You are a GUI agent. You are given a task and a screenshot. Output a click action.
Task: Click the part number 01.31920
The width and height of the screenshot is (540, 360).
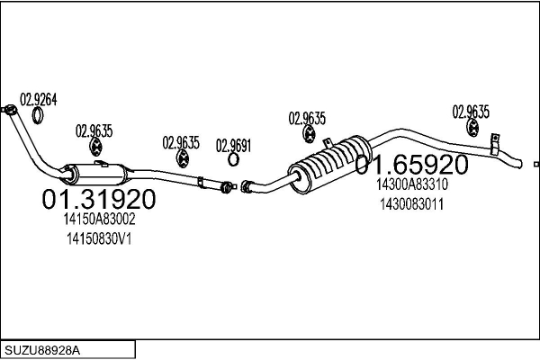pyautogui.click(x=99, y=199)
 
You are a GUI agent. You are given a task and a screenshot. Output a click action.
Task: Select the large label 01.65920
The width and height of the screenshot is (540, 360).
pyautogui.click(x=411, y=165)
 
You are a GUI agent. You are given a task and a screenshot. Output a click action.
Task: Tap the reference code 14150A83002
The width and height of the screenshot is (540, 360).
pyautogui.click(x=99, y=219)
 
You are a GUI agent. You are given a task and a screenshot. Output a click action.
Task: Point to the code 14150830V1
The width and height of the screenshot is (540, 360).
pyautogui.click(x=99, y=238)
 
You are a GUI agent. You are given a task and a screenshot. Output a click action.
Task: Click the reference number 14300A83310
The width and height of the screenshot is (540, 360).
pyautogui.click(x=412, y=184)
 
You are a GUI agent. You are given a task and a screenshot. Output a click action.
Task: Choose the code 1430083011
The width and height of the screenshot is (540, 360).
pyautogui.click(x=412, y=204)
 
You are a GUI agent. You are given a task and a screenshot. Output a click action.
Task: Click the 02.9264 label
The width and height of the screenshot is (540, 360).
pyautogui.click(x=38, y=100)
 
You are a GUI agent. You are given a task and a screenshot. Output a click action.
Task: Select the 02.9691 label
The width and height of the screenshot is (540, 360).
pyautogui.click(x=233, y=146)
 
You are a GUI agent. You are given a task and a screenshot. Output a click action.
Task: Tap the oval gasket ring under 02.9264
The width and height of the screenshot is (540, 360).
pyautogui.click(x=38, y=116)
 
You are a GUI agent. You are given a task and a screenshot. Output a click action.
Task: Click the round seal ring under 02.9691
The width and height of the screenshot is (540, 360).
pyautogui.click(x=233, y=159)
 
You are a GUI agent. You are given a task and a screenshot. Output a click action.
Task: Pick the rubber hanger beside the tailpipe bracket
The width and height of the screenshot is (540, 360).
pyautogui.click(x=472, y=128)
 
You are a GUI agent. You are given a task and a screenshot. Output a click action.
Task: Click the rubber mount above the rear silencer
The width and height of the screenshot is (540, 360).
pyautogui.click(x=309, y=134)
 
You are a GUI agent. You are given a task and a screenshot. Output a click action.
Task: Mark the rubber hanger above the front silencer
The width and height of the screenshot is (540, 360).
pyautogui.click(x=95, y=147)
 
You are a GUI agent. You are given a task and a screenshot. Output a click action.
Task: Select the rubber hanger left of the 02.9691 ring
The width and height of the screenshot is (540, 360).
pyautogui.click(x=182, y=158)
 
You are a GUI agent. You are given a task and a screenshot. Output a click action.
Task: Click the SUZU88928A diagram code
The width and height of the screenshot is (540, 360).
pyautogui.click(x=42, y=350)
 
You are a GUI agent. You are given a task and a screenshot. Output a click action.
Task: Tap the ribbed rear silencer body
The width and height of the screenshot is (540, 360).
pyautogui.click(x=330, y=164)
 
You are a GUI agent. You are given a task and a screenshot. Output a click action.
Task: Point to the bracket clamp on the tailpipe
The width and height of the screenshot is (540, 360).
pyautogui.click(x=494, y=144)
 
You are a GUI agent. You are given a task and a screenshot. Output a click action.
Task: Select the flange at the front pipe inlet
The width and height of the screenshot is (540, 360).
pyautogui.click(x=9, y=110)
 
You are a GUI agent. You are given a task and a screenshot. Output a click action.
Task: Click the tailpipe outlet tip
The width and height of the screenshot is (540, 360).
pyautogui.click(x=519, y=164)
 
